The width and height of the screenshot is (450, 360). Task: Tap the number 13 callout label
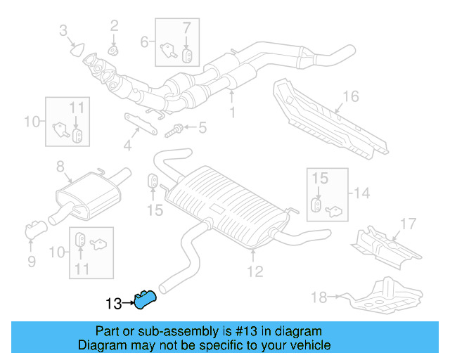pyautogui.click(x=113, y=304)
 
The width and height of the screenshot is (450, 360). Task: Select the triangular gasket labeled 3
pyautogui.click(x=76, y=49)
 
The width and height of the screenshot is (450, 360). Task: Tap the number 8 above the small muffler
pyautogui.click(x=60, y=167)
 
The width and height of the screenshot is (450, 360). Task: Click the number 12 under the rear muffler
pyautogui.click(x=255, y=271)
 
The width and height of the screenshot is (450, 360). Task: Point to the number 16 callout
pyautogui.click(x=351, y=96)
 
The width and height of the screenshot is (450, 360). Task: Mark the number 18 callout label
pyautogui.click(x=319, y=297)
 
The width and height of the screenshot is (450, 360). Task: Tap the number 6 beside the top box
pyautogui.click(x=144, y=41)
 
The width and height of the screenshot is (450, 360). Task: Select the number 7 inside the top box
pyautogui.click(x=186, y=28)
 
